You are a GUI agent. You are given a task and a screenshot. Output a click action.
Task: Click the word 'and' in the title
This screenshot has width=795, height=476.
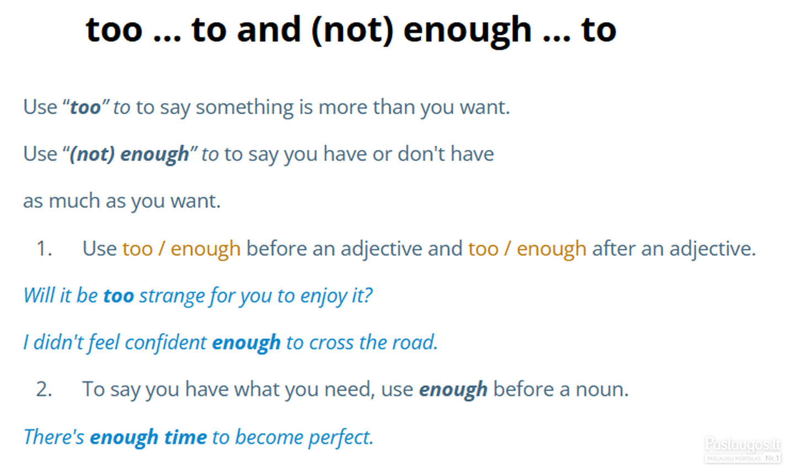pyautogui.click(x=269, y=30)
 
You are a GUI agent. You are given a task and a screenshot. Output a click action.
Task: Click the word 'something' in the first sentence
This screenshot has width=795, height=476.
pyautogui.click(x=245, y=108)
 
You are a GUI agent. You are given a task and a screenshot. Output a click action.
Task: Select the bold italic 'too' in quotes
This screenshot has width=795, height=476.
pyautogui.click(x=85, y=107)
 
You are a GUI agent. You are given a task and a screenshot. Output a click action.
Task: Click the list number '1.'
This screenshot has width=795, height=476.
pyautogui.click(x=44, y=248)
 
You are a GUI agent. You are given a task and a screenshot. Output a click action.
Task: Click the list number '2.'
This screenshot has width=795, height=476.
pyautogui.click(x=44, y=389)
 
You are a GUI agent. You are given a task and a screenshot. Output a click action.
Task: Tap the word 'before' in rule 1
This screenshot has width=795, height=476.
pyautogui.click(x=276, y=248)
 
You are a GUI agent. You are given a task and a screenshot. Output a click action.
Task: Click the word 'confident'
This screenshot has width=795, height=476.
pyautogui.click(x=166, y=343)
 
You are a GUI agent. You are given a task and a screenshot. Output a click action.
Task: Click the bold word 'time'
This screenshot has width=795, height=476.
pyautogui.click(x=185, y=437)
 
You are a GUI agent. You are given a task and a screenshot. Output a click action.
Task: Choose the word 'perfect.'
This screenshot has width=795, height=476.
pyautogui.click(x=341, y=437)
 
